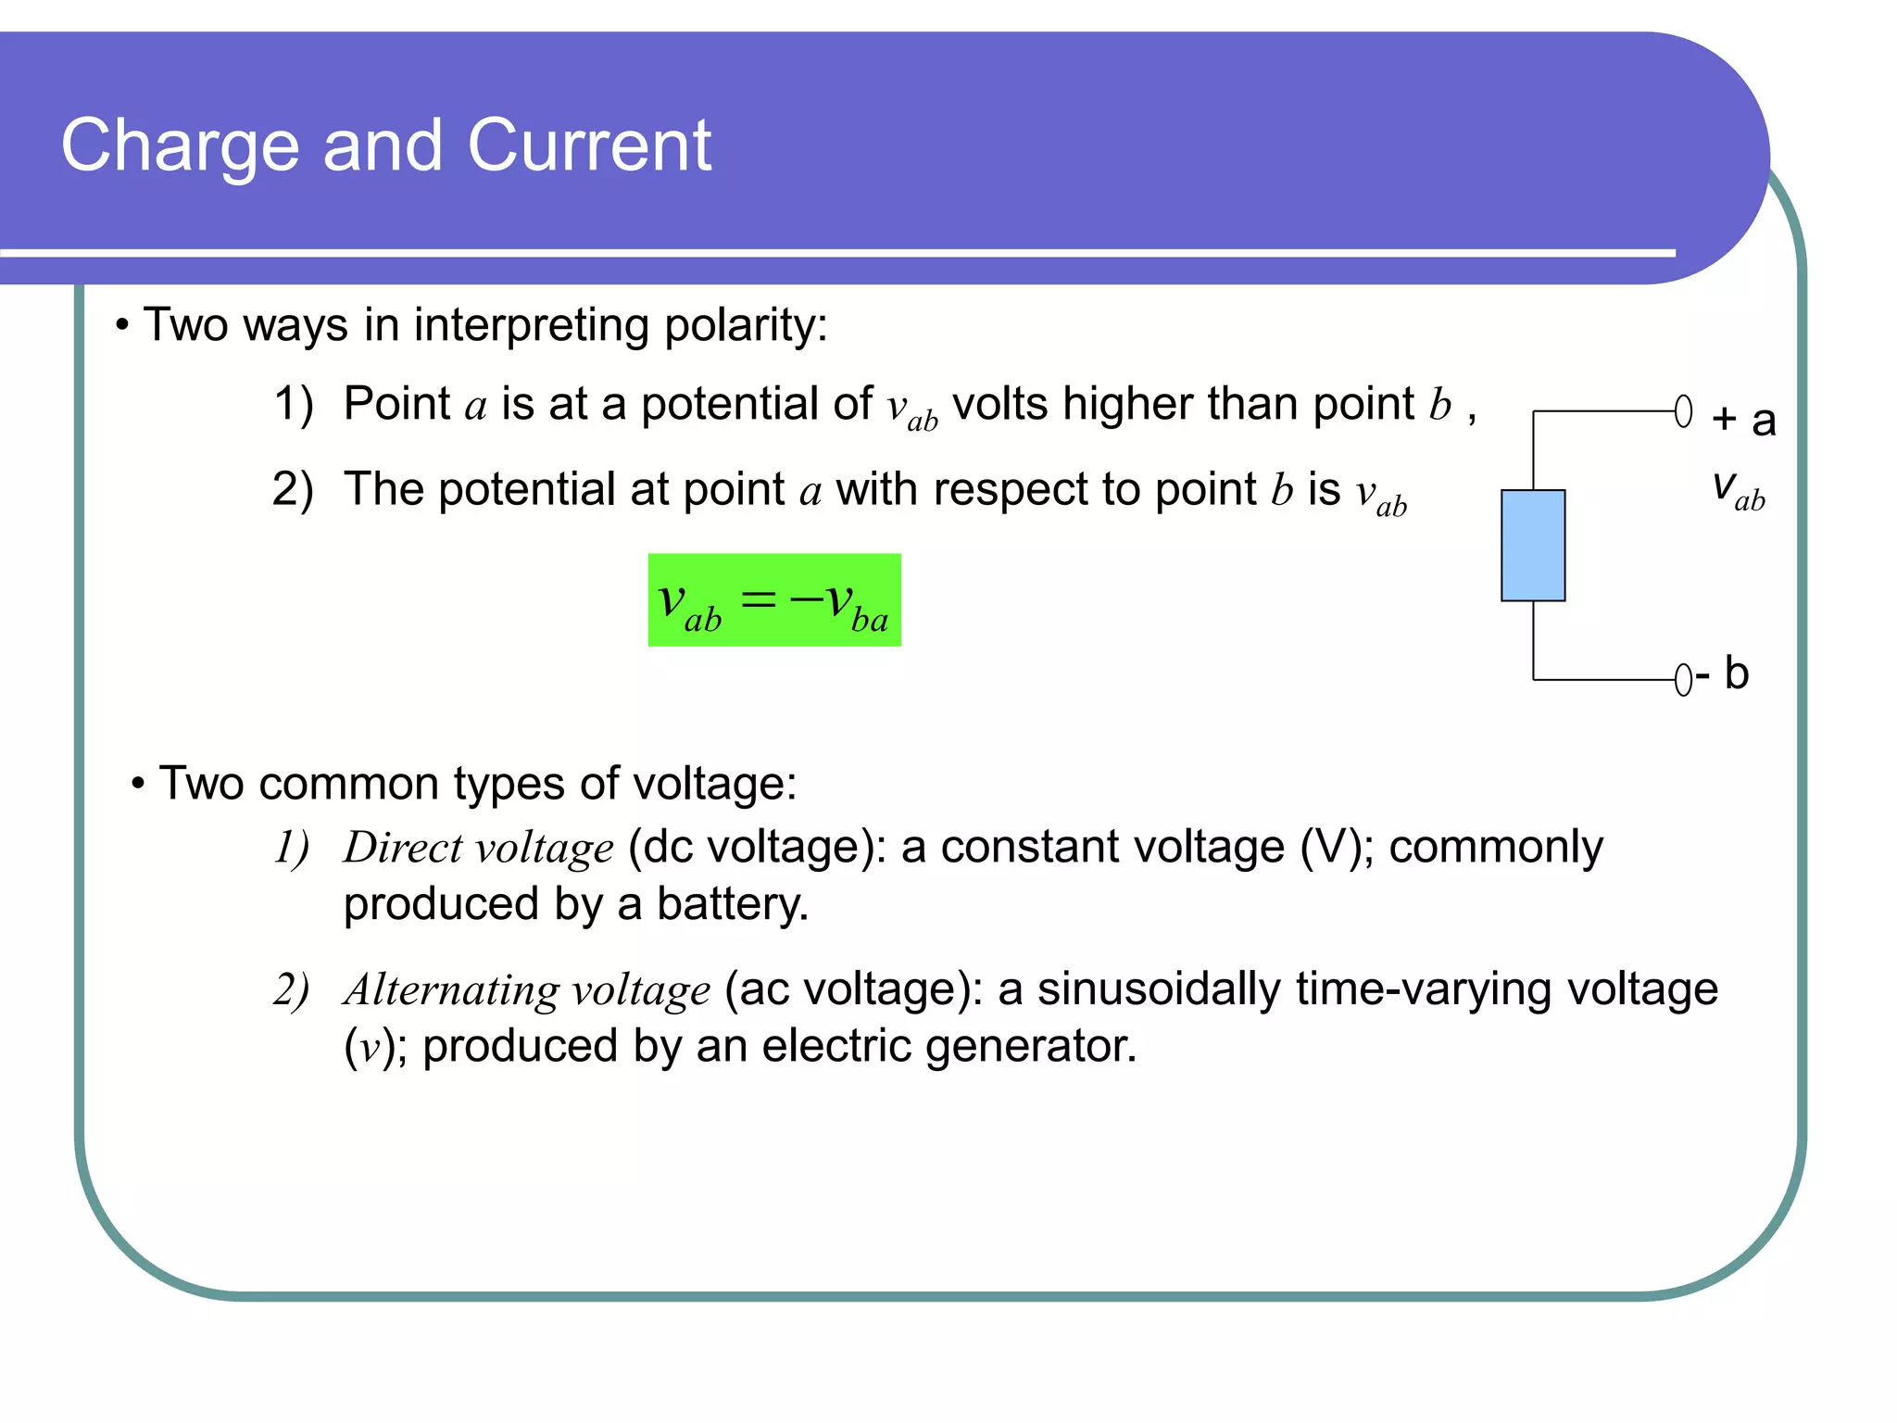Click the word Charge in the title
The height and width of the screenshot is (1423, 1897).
coord(180,146)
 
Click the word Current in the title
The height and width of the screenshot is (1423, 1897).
coord(589,146)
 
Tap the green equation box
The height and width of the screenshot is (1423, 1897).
coord(774,600)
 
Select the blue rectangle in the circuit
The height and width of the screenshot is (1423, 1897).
coord(1533,546)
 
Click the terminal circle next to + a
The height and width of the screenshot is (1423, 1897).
coord(1683,411)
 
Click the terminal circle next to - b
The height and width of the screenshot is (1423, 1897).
coord(1683,680)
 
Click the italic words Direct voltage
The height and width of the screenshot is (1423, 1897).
coord(478,848)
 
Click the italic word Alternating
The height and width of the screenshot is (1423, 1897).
coord(450,990)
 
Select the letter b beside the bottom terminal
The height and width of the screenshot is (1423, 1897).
coord(1736,674)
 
